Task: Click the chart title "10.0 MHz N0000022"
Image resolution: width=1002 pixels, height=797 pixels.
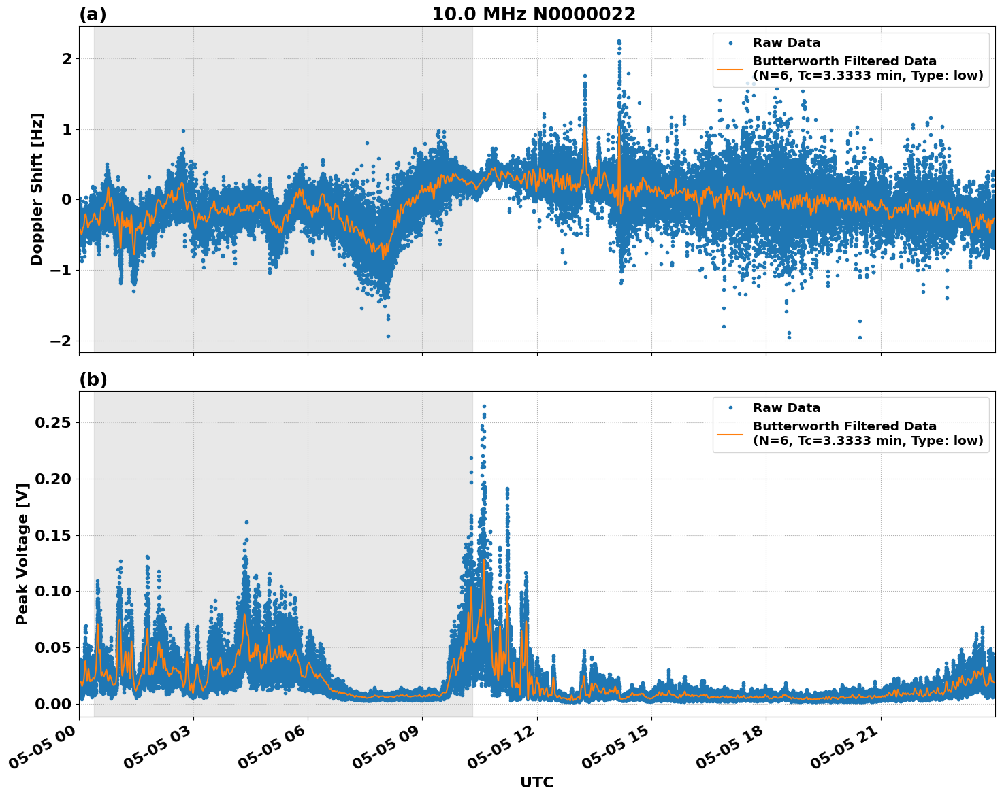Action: (x=533, y=14)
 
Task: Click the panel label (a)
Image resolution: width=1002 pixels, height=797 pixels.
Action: (x=93, y=14)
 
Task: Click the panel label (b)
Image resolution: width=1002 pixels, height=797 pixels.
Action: (x=93, y=379)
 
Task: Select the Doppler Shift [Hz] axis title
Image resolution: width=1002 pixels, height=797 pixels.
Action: (x=37, y=189)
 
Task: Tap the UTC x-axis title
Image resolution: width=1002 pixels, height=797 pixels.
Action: (x=536, y=782)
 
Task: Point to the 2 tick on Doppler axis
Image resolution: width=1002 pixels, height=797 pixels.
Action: (x=67, y=59)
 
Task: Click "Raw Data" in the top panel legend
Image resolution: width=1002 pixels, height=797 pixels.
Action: (x=786, y=44)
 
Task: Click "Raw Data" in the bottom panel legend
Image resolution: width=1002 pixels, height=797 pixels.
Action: (x=786, y=408)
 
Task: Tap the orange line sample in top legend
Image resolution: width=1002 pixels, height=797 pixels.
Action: (x=730, y=69)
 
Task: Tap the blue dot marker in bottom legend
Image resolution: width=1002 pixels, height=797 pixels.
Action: (x=730, y=408)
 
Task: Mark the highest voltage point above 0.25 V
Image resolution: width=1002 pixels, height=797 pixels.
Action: (x=484, y=407)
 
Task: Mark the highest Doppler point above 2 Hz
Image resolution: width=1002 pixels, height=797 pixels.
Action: (x=619, y=41)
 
